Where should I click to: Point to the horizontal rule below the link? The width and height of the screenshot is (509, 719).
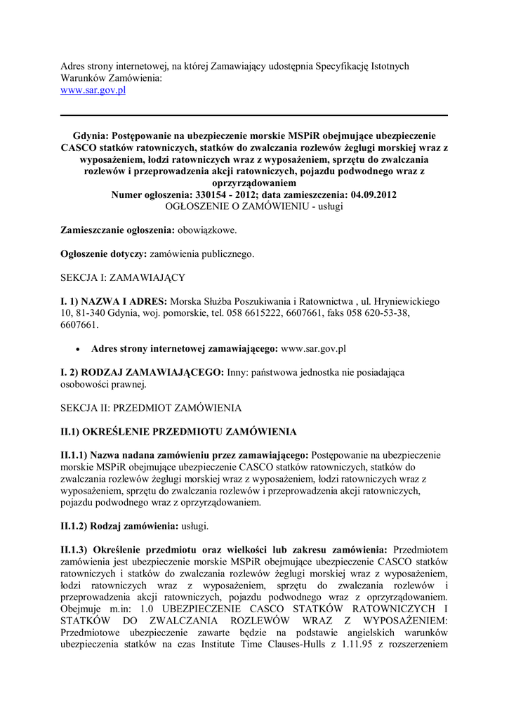pos(254,115)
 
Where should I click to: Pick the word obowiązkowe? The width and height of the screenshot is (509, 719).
pos(207,230)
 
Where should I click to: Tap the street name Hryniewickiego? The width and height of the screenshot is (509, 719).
pos(406,301)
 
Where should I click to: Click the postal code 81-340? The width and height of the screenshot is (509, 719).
pos(89,313)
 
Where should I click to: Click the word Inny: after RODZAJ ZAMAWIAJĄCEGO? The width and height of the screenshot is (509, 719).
pos(237,371)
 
